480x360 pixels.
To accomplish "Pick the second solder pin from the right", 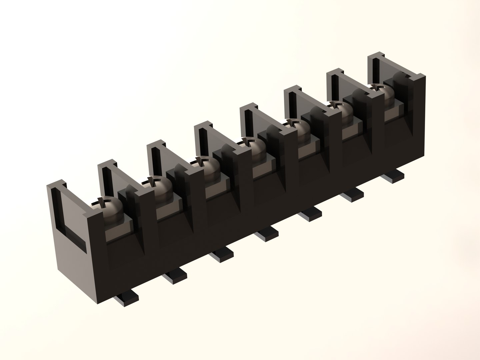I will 354,195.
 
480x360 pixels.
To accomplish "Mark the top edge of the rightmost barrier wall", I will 380,55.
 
